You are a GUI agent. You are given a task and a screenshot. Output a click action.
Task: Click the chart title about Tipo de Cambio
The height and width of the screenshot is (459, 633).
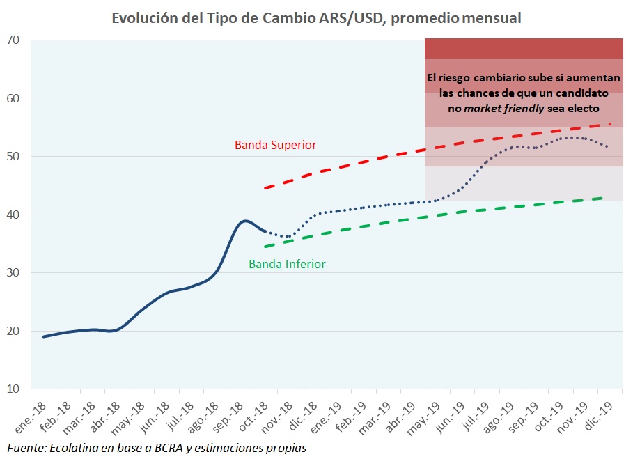click(x=316, y=18)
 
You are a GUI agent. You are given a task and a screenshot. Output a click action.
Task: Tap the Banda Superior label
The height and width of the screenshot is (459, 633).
click(x=275, y=145)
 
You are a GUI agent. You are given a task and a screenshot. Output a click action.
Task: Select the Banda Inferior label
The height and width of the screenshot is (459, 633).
click(x=287, y=264)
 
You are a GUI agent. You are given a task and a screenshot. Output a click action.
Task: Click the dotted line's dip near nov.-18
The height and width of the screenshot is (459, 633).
click(x=287, y=237)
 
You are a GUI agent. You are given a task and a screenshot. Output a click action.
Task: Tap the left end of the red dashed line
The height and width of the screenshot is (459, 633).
click(x=265, y=188)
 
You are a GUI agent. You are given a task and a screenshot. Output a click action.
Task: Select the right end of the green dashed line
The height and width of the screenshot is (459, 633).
click(x=602, y=198)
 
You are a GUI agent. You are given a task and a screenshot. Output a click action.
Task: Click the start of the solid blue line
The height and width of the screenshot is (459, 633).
click(x=44, y=336)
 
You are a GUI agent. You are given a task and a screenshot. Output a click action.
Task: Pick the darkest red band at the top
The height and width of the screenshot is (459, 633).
click(x=524, y=49)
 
